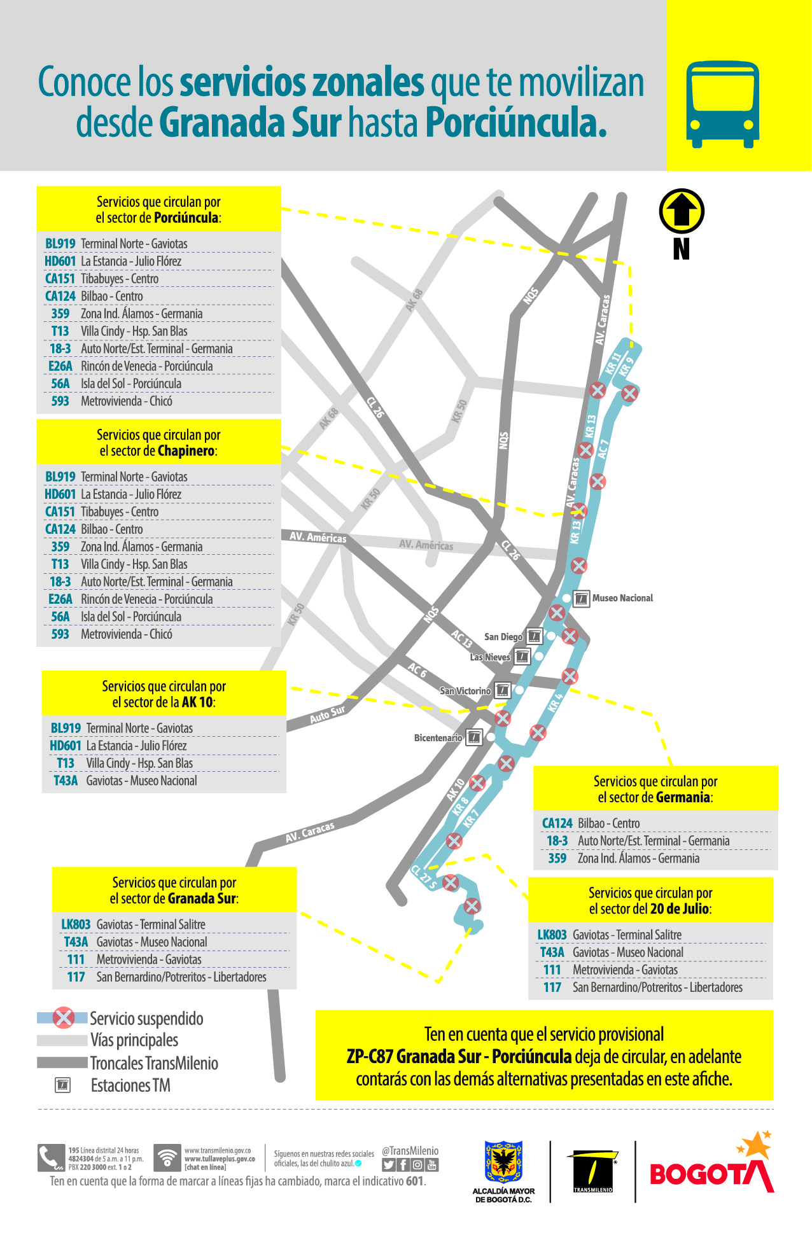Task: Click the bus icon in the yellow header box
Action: (x=722, y=104)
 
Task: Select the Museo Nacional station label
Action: (x=622, y=598)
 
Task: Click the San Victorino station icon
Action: (x=503, y=690)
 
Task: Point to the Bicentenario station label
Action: (x=438, y=738)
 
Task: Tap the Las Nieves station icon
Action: (x=522, y=656)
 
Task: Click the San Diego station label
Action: (x=503, y=637)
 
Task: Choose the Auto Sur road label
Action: (x=327, y=714)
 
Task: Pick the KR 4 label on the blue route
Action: (x=556, y=702)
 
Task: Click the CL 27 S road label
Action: (x=424, y=877)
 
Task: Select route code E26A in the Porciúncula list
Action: (x=60, y=366)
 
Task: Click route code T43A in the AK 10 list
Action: (x=66, y=781)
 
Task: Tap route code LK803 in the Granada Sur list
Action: (x=76, y=924)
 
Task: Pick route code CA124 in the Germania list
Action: (x=557, y=823)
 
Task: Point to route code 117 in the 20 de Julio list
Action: (x=552, y=987)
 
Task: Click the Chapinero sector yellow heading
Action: (x=158, y=442)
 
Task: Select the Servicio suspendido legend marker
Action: (x=63, y=1018)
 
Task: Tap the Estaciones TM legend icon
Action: (x=63, y=1085)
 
